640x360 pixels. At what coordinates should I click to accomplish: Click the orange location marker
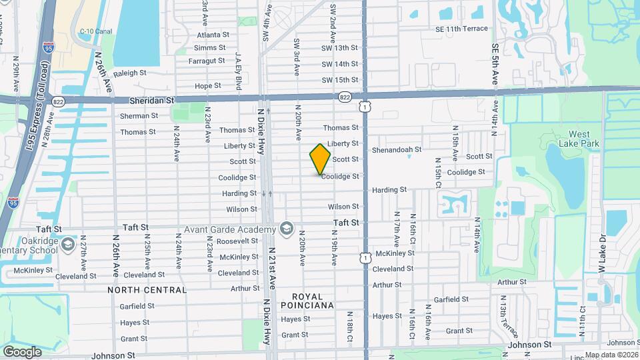[320, 159]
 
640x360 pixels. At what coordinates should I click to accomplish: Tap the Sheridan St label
[152, 99]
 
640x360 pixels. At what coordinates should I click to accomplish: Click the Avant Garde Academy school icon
[287, 229]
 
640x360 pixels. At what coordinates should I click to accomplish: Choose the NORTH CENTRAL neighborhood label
[147, 290]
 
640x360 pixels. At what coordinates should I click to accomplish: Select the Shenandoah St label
[397, 149]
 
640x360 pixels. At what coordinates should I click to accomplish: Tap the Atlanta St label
[213, 35]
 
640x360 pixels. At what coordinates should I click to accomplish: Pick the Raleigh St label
[129, 73]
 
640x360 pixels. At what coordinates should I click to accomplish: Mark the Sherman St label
[139, 115]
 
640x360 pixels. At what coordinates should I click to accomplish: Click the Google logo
[22, 351]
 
